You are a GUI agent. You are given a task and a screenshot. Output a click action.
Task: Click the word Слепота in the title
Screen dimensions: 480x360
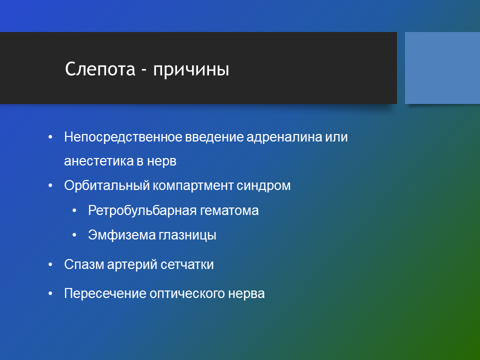click(x=100, y=68)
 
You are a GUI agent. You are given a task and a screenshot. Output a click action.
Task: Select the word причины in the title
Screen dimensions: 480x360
click(x=191, y=70)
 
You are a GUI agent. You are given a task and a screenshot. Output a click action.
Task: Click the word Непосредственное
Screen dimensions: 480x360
click(x=123, y=137)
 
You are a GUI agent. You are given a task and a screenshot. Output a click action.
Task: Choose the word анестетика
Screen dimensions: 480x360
click(x=98, y=161)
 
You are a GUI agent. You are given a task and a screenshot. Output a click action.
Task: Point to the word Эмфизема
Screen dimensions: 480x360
click(x=122, y=235)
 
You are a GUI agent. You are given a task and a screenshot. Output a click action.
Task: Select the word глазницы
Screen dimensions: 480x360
click(x=187, y=235)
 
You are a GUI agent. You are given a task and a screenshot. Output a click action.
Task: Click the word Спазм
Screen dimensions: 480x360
click(x=84, y=264)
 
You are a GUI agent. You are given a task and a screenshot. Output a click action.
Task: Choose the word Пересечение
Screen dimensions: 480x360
click(x=105, y=293)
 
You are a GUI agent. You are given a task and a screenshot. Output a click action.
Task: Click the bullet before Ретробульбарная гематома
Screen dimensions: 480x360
click(x=74, y=211)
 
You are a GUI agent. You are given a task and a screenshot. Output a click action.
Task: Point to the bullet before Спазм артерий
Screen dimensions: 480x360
click(x=50, y=265)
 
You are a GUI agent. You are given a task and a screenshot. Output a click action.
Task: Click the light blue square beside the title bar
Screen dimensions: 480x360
click(x=442, y=68)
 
